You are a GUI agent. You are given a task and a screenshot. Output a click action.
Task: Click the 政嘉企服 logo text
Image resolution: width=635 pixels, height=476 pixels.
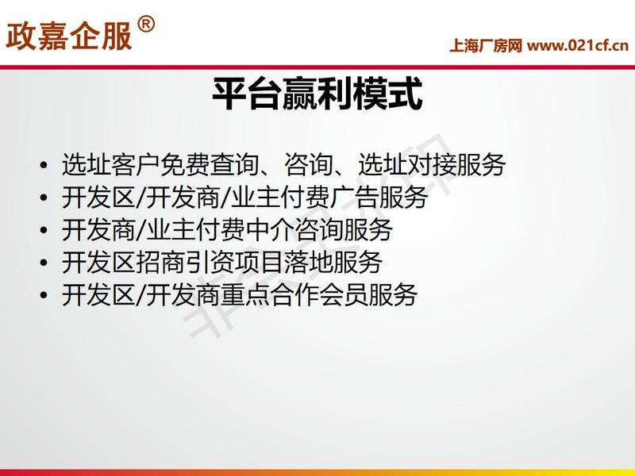point(69,36)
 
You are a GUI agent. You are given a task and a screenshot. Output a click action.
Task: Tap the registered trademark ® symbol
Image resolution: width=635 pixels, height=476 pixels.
point(146,25)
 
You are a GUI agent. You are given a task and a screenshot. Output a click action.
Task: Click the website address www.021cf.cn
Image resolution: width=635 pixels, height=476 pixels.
point(578,46)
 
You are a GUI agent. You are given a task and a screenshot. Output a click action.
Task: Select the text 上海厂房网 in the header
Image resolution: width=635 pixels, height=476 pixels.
point(486,46)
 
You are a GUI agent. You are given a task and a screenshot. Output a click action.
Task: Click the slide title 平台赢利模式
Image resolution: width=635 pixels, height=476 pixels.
point(317,94)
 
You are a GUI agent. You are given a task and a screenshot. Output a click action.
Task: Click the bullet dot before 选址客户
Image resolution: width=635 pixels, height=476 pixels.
point(44,166)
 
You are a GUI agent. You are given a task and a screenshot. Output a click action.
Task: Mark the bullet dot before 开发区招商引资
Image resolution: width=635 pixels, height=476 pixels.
point(44,263)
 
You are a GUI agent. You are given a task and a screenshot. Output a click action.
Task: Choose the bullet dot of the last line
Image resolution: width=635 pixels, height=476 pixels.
point(44,295)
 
